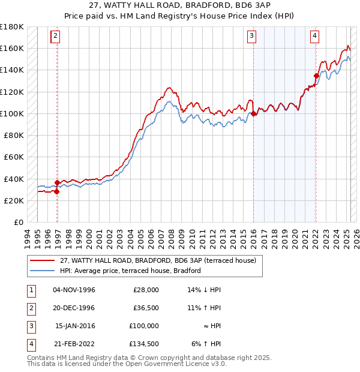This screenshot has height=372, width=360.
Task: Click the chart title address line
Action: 180,7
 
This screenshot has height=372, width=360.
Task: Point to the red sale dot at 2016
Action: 254,113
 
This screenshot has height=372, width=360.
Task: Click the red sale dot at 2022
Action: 316,76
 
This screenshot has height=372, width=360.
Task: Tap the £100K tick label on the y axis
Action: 11,113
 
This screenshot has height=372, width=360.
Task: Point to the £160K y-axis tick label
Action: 11,48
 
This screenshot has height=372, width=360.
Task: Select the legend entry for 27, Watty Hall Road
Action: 157,260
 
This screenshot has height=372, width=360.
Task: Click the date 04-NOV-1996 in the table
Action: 74,290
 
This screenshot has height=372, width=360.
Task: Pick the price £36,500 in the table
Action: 146,308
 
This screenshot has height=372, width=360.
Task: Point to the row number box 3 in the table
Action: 30,326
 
